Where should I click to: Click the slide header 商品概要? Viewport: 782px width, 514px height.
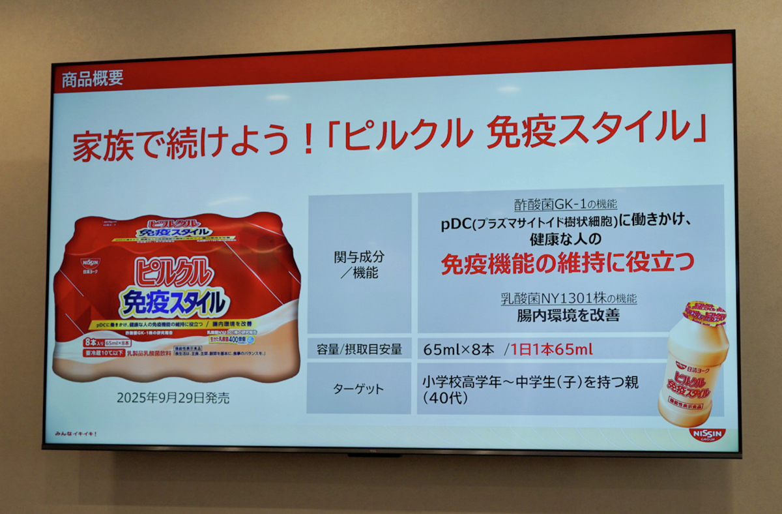coord(93,80)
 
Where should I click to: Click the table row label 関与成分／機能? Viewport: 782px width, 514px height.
coord(359,265)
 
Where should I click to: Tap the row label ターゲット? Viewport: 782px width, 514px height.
coord(359,389)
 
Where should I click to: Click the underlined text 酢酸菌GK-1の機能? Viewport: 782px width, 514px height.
coord(564,204)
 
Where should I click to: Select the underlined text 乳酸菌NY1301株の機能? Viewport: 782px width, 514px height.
coord(568,299)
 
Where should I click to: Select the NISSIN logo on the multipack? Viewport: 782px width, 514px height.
coord(91,262)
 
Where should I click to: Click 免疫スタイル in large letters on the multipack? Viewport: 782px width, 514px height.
coord(174,301)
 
